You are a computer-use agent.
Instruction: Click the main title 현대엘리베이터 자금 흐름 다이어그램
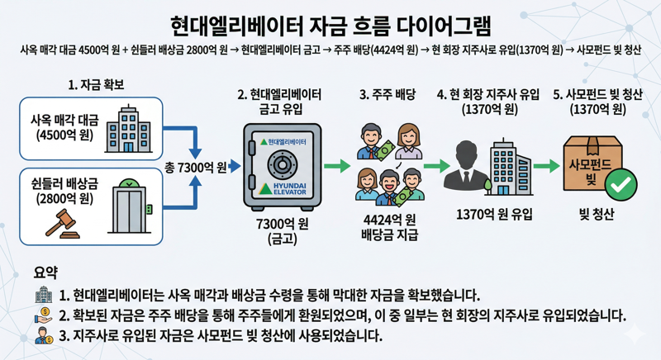click(330, 22)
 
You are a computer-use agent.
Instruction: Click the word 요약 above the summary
click(46, 272)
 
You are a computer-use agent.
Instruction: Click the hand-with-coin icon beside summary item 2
click(44, 315)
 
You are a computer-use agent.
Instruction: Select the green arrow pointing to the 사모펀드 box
click(546, 167)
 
